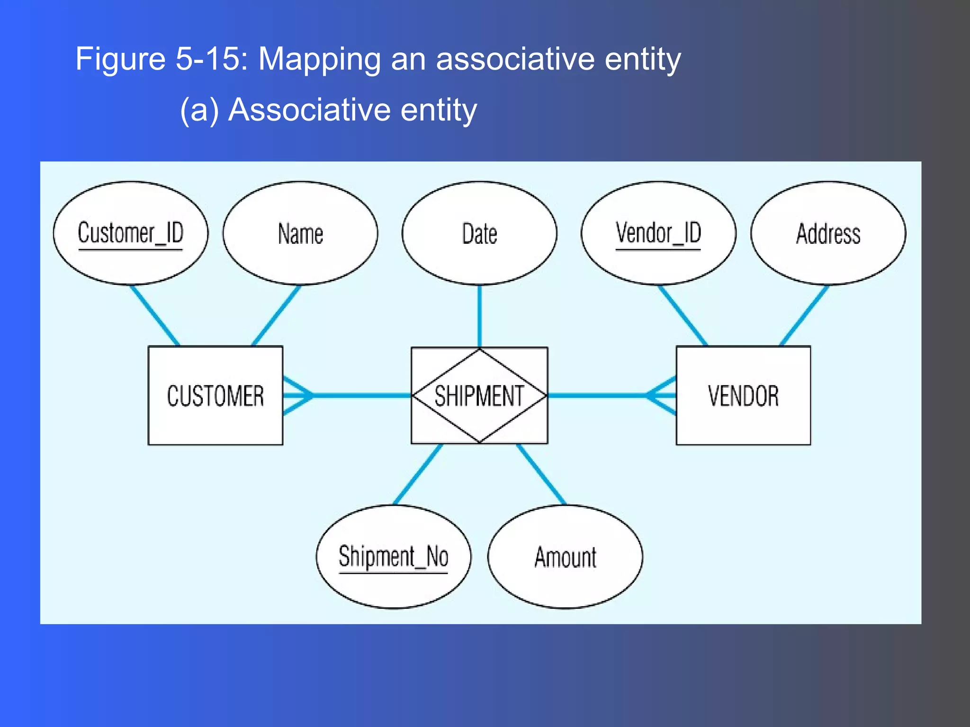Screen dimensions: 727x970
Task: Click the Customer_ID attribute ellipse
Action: coord(130,233)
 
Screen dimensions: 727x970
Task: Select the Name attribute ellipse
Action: coord(300,233)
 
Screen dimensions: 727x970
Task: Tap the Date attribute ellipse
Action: coord(479,233)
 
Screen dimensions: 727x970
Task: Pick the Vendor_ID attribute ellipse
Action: coord(658,233)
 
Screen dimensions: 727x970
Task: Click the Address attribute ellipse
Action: coord(828,233)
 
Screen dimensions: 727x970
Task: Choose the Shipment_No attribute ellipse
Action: coord(393,557)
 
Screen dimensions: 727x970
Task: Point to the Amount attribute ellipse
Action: coord(565,557)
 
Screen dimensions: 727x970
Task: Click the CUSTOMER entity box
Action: coord(215,396)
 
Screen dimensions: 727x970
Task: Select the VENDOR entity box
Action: coord(743,396)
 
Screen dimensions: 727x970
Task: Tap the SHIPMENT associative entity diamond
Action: coord(479,396)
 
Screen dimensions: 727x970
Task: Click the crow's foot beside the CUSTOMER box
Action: coord(297,395)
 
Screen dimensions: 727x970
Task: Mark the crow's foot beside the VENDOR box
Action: coord(662,395)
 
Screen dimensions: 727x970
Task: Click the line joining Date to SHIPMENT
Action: coord(479,316)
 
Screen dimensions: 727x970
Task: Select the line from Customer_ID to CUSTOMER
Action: coord(155,316)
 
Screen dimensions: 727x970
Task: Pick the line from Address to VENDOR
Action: coord(804,316)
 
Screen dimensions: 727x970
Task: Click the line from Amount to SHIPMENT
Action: coord(541,474)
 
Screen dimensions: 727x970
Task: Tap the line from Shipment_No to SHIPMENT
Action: coord(418,474)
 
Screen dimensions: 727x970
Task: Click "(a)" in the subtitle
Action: coord(199,110)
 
